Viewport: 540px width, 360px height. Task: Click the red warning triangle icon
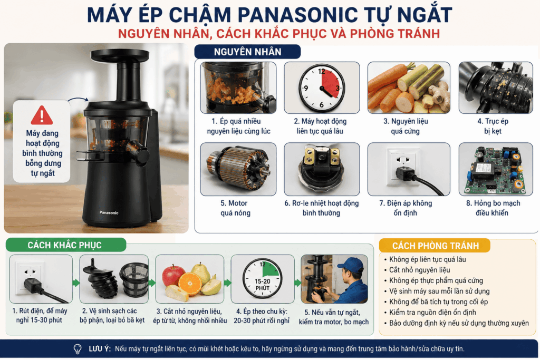(42, 115)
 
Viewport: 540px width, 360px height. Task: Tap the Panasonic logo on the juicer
(109, 213)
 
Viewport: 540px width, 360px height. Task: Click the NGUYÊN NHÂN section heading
(248, 52)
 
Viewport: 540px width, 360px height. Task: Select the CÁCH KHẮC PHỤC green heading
(64, 245)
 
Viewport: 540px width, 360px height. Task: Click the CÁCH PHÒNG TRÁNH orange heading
(435, 246)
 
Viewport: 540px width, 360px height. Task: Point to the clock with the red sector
(321, 88)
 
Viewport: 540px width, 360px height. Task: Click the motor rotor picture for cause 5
(238, 169)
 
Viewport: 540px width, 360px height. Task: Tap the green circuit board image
(496, 169)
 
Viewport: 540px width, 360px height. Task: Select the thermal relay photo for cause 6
(322, 169)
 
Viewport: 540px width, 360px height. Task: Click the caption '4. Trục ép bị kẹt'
(493, 126)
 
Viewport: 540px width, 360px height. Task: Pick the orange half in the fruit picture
(190, 284)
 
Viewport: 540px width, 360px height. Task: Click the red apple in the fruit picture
(173, 276)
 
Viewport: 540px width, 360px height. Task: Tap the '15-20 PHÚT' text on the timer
(263, 284)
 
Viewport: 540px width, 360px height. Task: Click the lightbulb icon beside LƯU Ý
(78, 349)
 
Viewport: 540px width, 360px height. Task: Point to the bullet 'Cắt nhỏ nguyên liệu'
(419, 270)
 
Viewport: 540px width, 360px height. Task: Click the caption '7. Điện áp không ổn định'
(406, 208)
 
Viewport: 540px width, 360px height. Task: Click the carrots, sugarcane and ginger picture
(409, 88)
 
